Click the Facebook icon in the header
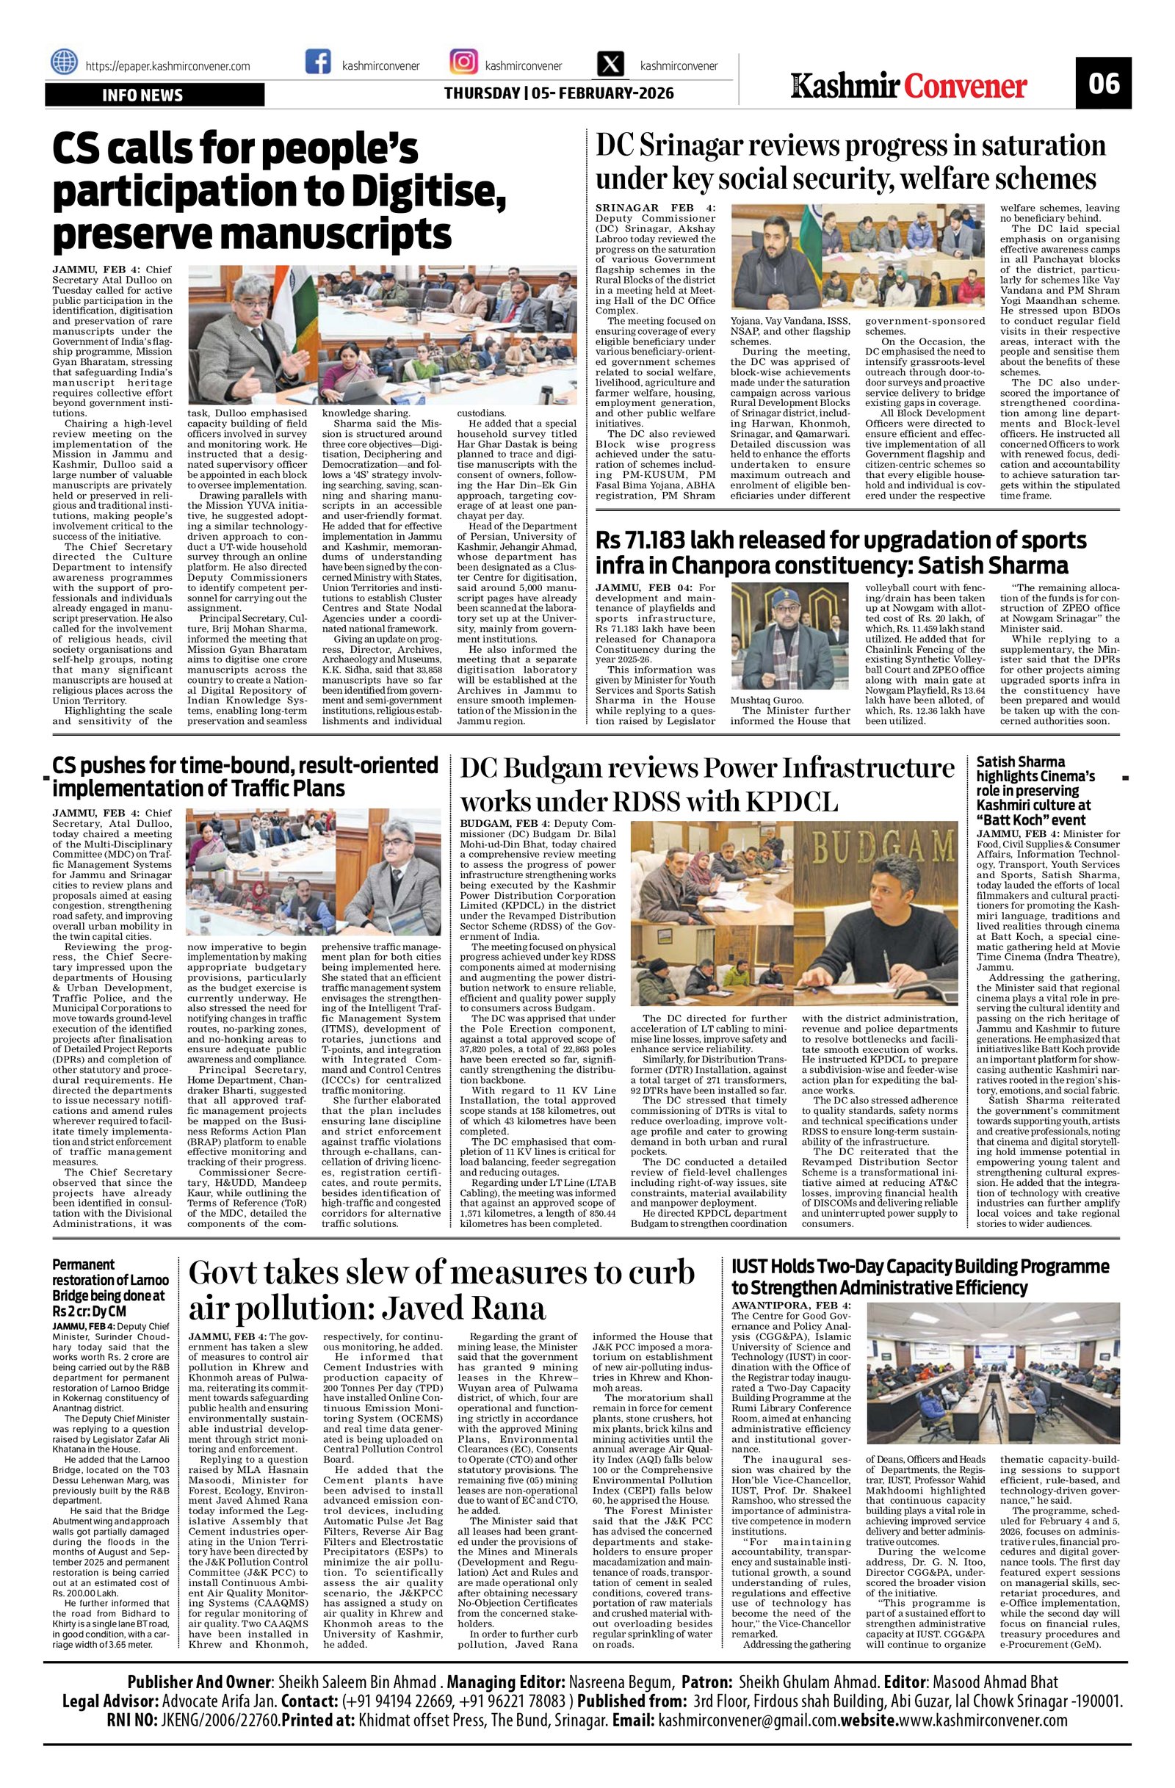tap(318, 62)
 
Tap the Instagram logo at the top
tap(463, 62)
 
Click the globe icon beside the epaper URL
tap(65, 63)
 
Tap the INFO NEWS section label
tap(142, 95)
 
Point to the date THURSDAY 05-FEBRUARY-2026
tap(558, 94)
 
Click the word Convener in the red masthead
tap(966, 87)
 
